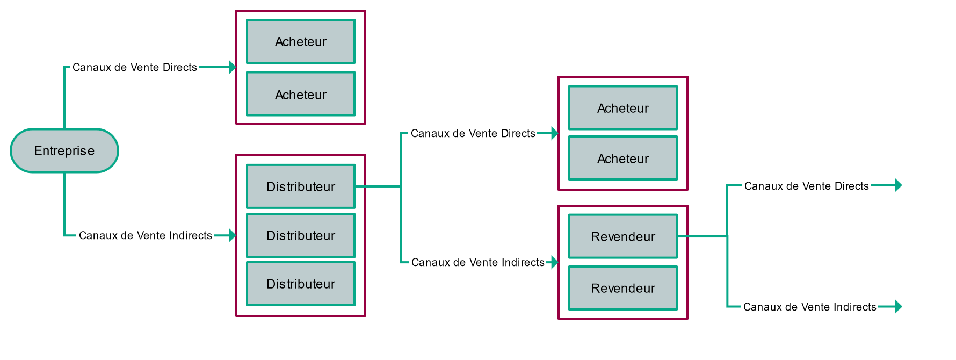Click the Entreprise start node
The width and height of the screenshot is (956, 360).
(x=64, y=150)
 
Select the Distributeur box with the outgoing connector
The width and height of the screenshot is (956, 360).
(x=301, y=186)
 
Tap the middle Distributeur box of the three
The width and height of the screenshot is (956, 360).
(x=301, y=235)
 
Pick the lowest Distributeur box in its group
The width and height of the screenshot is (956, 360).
(x=301, y=284)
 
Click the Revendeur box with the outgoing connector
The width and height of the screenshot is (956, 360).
(x=623, y=236)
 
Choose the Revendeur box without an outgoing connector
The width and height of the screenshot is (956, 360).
(x=623, y=288)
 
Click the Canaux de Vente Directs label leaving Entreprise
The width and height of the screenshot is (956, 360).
(x=135, y=67)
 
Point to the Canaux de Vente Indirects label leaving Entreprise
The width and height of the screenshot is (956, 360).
(x=146, y=235)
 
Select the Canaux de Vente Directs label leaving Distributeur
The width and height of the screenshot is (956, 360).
(x=473, y=133)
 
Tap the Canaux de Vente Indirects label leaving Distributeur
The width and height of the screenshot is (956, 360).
(x=478, y=262)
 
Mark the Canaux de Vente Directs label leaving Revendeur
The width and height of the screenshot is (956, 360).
(x=807, y=186)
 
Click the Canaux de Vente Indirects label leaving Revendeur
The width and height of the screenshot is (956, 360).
(x=810, y=307)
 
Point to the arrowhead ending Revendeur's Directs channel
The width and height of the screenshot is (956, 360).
(x=899, y=185)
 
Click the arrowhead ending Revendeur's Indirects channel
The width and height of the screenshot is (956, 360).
(x=899, y=307)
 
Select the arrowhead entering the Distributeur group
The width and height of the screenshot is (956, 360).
(x=233, y=235)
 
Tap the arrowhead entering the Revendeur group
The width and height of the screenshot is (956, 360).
(x=555, y=262)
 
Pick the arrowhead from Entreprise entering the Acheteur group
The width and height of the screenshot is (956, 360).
(x=233, y=67)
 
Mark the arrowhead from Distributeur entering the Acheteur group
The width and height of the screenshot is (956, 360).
(x=555, y=133)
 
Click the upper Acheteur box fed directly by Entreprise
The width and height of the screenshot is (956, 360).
(x=301, y=41)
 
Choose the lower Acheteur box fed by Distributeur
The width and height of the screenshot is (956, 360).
(x=623, y=159)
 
